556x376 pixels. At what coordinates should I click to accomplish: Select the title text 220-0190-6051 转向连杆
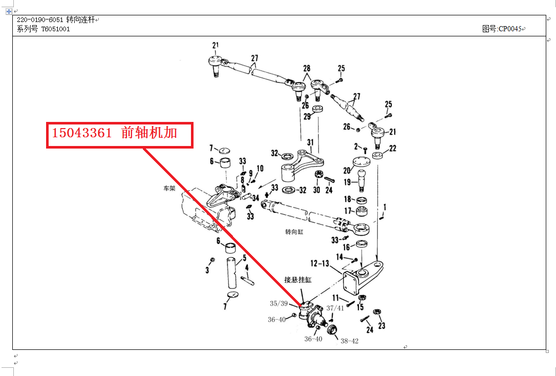56,19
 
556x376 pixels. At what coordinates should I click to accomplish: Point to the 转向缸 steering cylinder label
294,232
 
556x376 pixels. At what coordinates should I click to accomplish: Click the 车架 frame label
169,188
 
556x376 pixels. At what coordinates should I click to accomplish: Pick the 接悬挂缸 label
298,280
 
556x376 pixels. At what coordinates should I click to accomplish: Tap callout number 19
347,182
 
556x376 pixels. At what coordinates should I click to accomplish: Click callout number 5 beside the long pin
244,258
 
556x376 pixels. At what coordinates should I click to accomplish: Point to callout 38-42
349,341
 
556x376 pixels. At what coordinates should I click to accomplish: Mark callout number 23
381,325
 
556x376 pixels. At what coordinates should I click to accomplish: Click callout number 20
347,171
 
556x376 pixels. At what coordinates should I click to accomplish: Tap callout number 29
307,117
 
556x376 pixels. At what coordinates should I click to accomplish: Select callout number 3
207,269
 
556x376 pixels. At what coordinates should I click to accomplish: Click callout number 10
260,168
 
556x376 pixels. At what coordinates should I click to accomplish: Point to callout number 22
393,149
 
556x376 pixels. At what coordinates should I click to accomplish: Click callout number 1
384,207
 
